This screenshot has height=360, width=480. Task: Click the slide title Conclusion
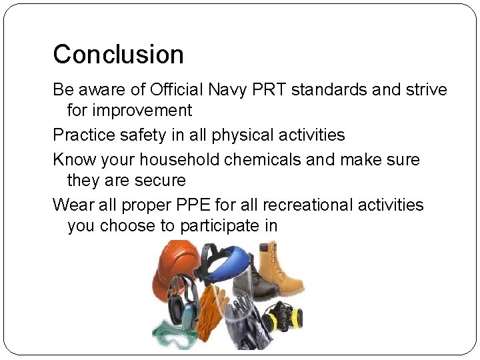(118, 55)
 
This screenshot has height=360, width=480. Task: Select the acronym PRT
(265, 89)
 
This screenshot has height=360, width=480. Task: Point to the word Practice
(83, 135)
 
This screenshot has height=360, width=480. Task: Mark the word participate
(217, 226)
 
